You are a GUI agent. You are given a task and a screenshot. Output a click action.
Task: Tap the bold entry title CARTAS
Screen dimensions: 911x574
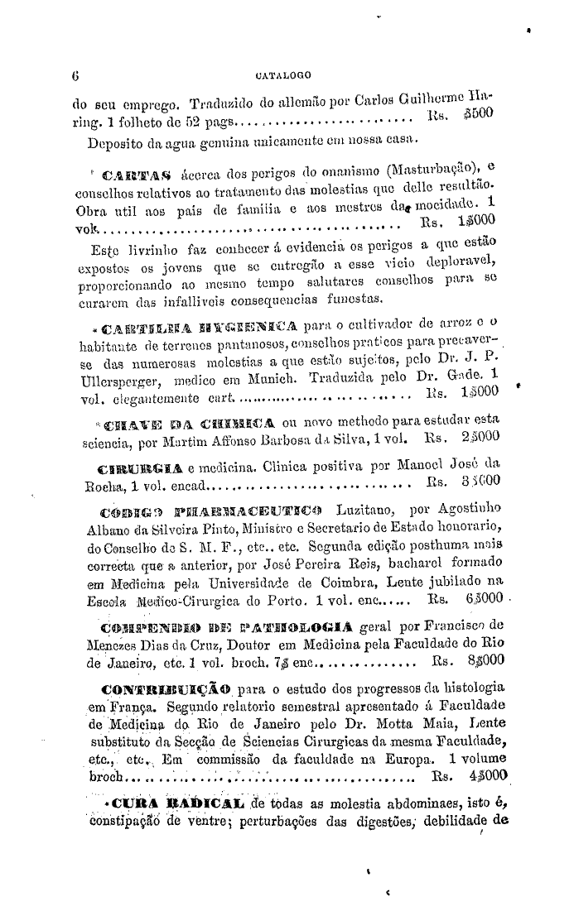click(x=128, y=174)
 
